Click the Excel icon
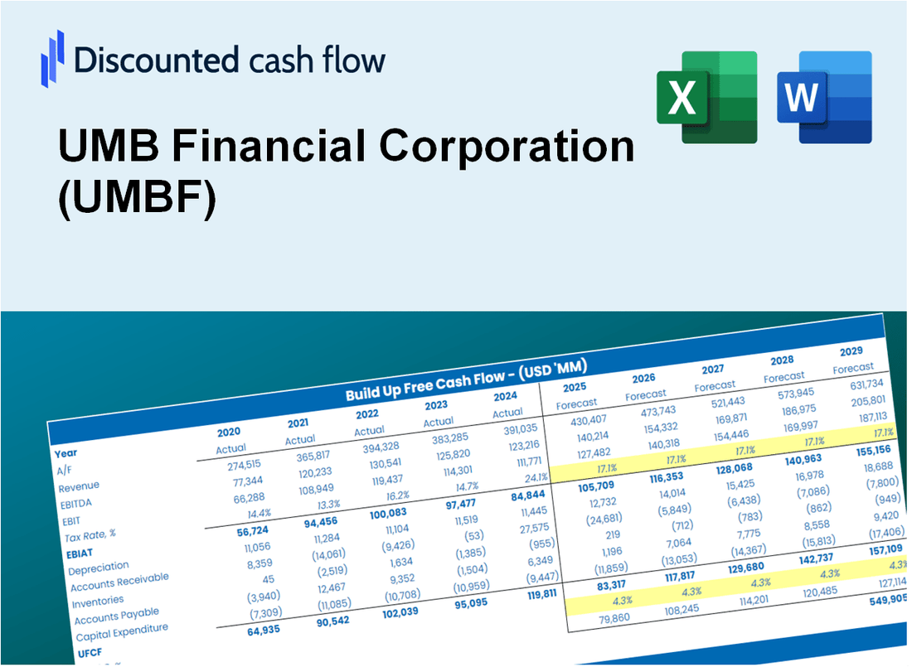707,97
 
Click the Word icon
825,97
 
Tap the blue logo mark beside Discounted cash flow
52,59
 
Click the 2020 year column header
229,432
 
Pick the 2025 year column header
575,387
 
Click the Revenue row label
79,486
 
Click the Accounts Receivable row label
119,583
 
